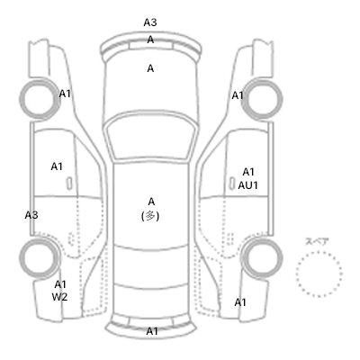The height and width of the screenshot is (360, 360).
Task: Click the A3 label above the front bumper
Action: [150, 22]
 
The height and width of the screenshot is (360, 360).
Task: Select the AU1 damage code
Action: [248, 185]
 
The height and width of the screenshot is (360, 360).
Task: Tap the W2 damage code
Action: [59, 297]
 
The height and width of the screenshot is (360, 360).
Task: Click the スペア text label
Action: [317, 242]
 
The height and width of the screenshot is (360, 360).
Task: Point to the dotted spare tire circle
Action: [319, 253]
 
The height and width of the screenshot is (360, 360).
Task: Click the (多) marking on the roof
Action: [150, 216]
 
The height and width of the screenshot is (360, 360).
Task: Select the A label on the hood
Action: [150, 68]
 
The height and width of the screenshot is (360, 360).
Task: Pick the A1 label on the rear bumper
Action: [152, 331]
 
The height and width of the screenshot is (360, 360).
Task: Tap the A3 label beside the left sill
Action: [31, 215]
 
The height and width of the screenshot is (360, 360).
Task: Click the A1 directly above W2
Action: [60, 284]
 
